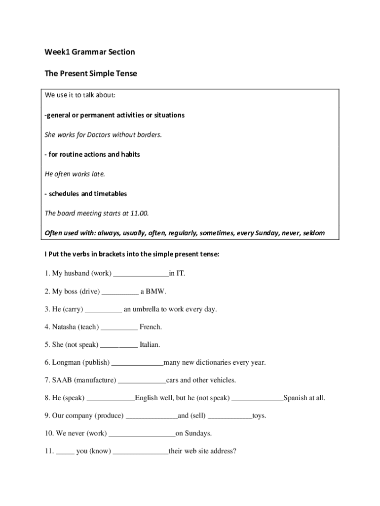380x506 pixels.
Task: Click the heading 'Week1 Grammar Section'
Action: [x=89, y=52]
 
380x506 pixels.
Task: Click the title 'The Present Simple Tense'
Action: [x=91, y=74]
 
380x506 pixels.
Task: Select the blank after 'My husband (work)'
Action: [x=141, y=273]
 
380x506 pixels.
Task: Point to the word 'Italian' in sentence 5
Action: [x=150, y=345]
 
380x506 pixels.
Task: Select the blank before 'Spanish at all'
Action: [x=257, y=398]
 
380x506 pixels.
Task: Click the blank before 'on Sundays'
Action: [x=142, y=434]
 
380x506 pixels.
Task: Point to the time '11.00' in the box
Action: [x=139, y=213]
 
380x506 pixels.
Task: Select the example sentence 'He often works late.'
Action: [x=75, y=174]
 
